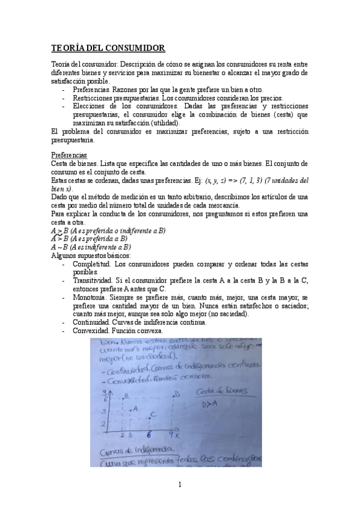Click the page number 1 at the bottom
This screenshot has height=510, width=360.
click(x=180, y=485)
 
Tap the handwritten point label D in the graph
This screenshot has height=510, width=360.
click(x=177, y=395)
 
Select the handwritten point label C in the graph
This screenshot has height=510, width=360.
click(x=154, y=414)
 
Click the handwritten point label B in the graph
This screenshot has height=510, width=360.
click(x=126, y=396)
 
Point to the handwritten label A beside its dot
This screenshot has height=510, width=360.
click(x=135, y=408)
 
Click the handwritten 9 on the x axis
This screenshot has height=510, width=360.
click(x=171, y=434)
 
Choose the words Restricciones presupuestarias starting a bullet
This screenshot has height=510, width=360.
click(x=115, y=98)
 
